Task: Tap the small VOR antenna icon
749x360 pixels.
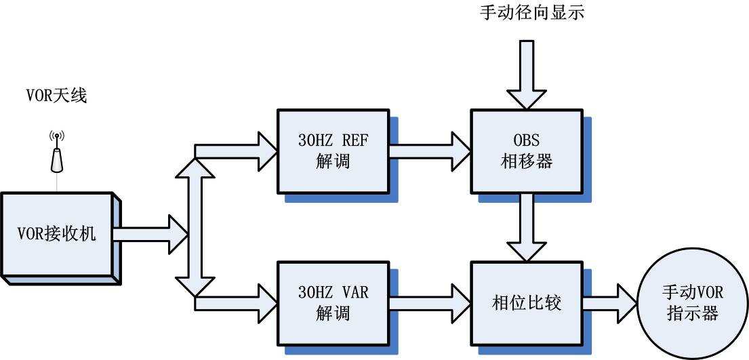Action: tap(57, 152)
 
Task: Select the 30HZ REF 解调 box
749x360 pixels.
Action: tap(334, 151)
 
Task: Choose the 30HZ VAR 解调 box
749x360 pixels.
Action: tap(334, 302)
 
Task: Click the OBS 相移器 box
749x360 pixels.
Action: tap(526, 151)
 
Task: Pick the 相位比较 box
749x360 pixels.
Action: tap(526, 302)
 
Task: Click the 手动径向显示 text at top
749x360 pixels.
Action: tap(531, 12)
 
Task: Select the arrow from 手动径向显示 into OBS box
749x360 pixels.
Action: tap(527, 75)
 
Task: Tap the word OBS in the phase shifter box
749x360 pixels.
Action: tap(526, 141)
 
